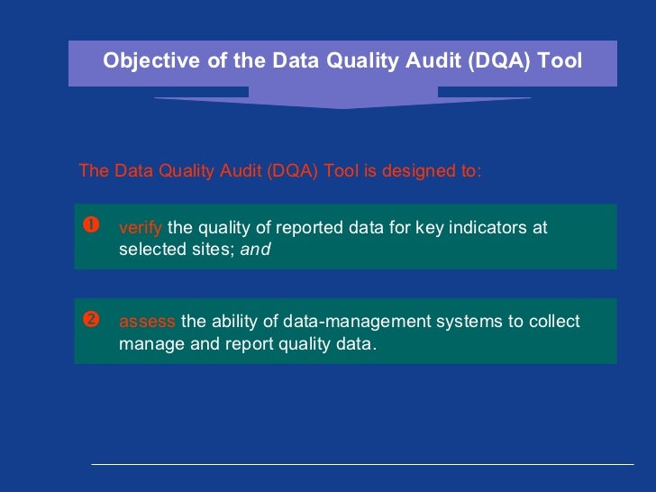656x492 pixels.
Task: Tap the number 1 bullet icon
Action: pyautogui.click(x=90, y=226)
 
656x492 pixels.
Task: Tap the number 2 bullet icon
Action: pyautogui.click(x=90, y=321)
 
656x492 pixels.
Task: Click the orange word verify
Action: pyautogui.click(x=140, y=228)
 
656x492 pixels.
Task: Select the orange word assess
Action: pyautogui.click(x=147, y=322)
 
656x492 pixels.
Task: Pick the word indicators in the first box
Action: pyautogui.click(x=488, y=228)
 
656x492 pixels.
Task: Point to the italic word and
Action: pyautogui.click(x=255, y=250)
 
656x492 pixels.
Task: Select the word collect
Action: pyautogui.click(x=555, y=322)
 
